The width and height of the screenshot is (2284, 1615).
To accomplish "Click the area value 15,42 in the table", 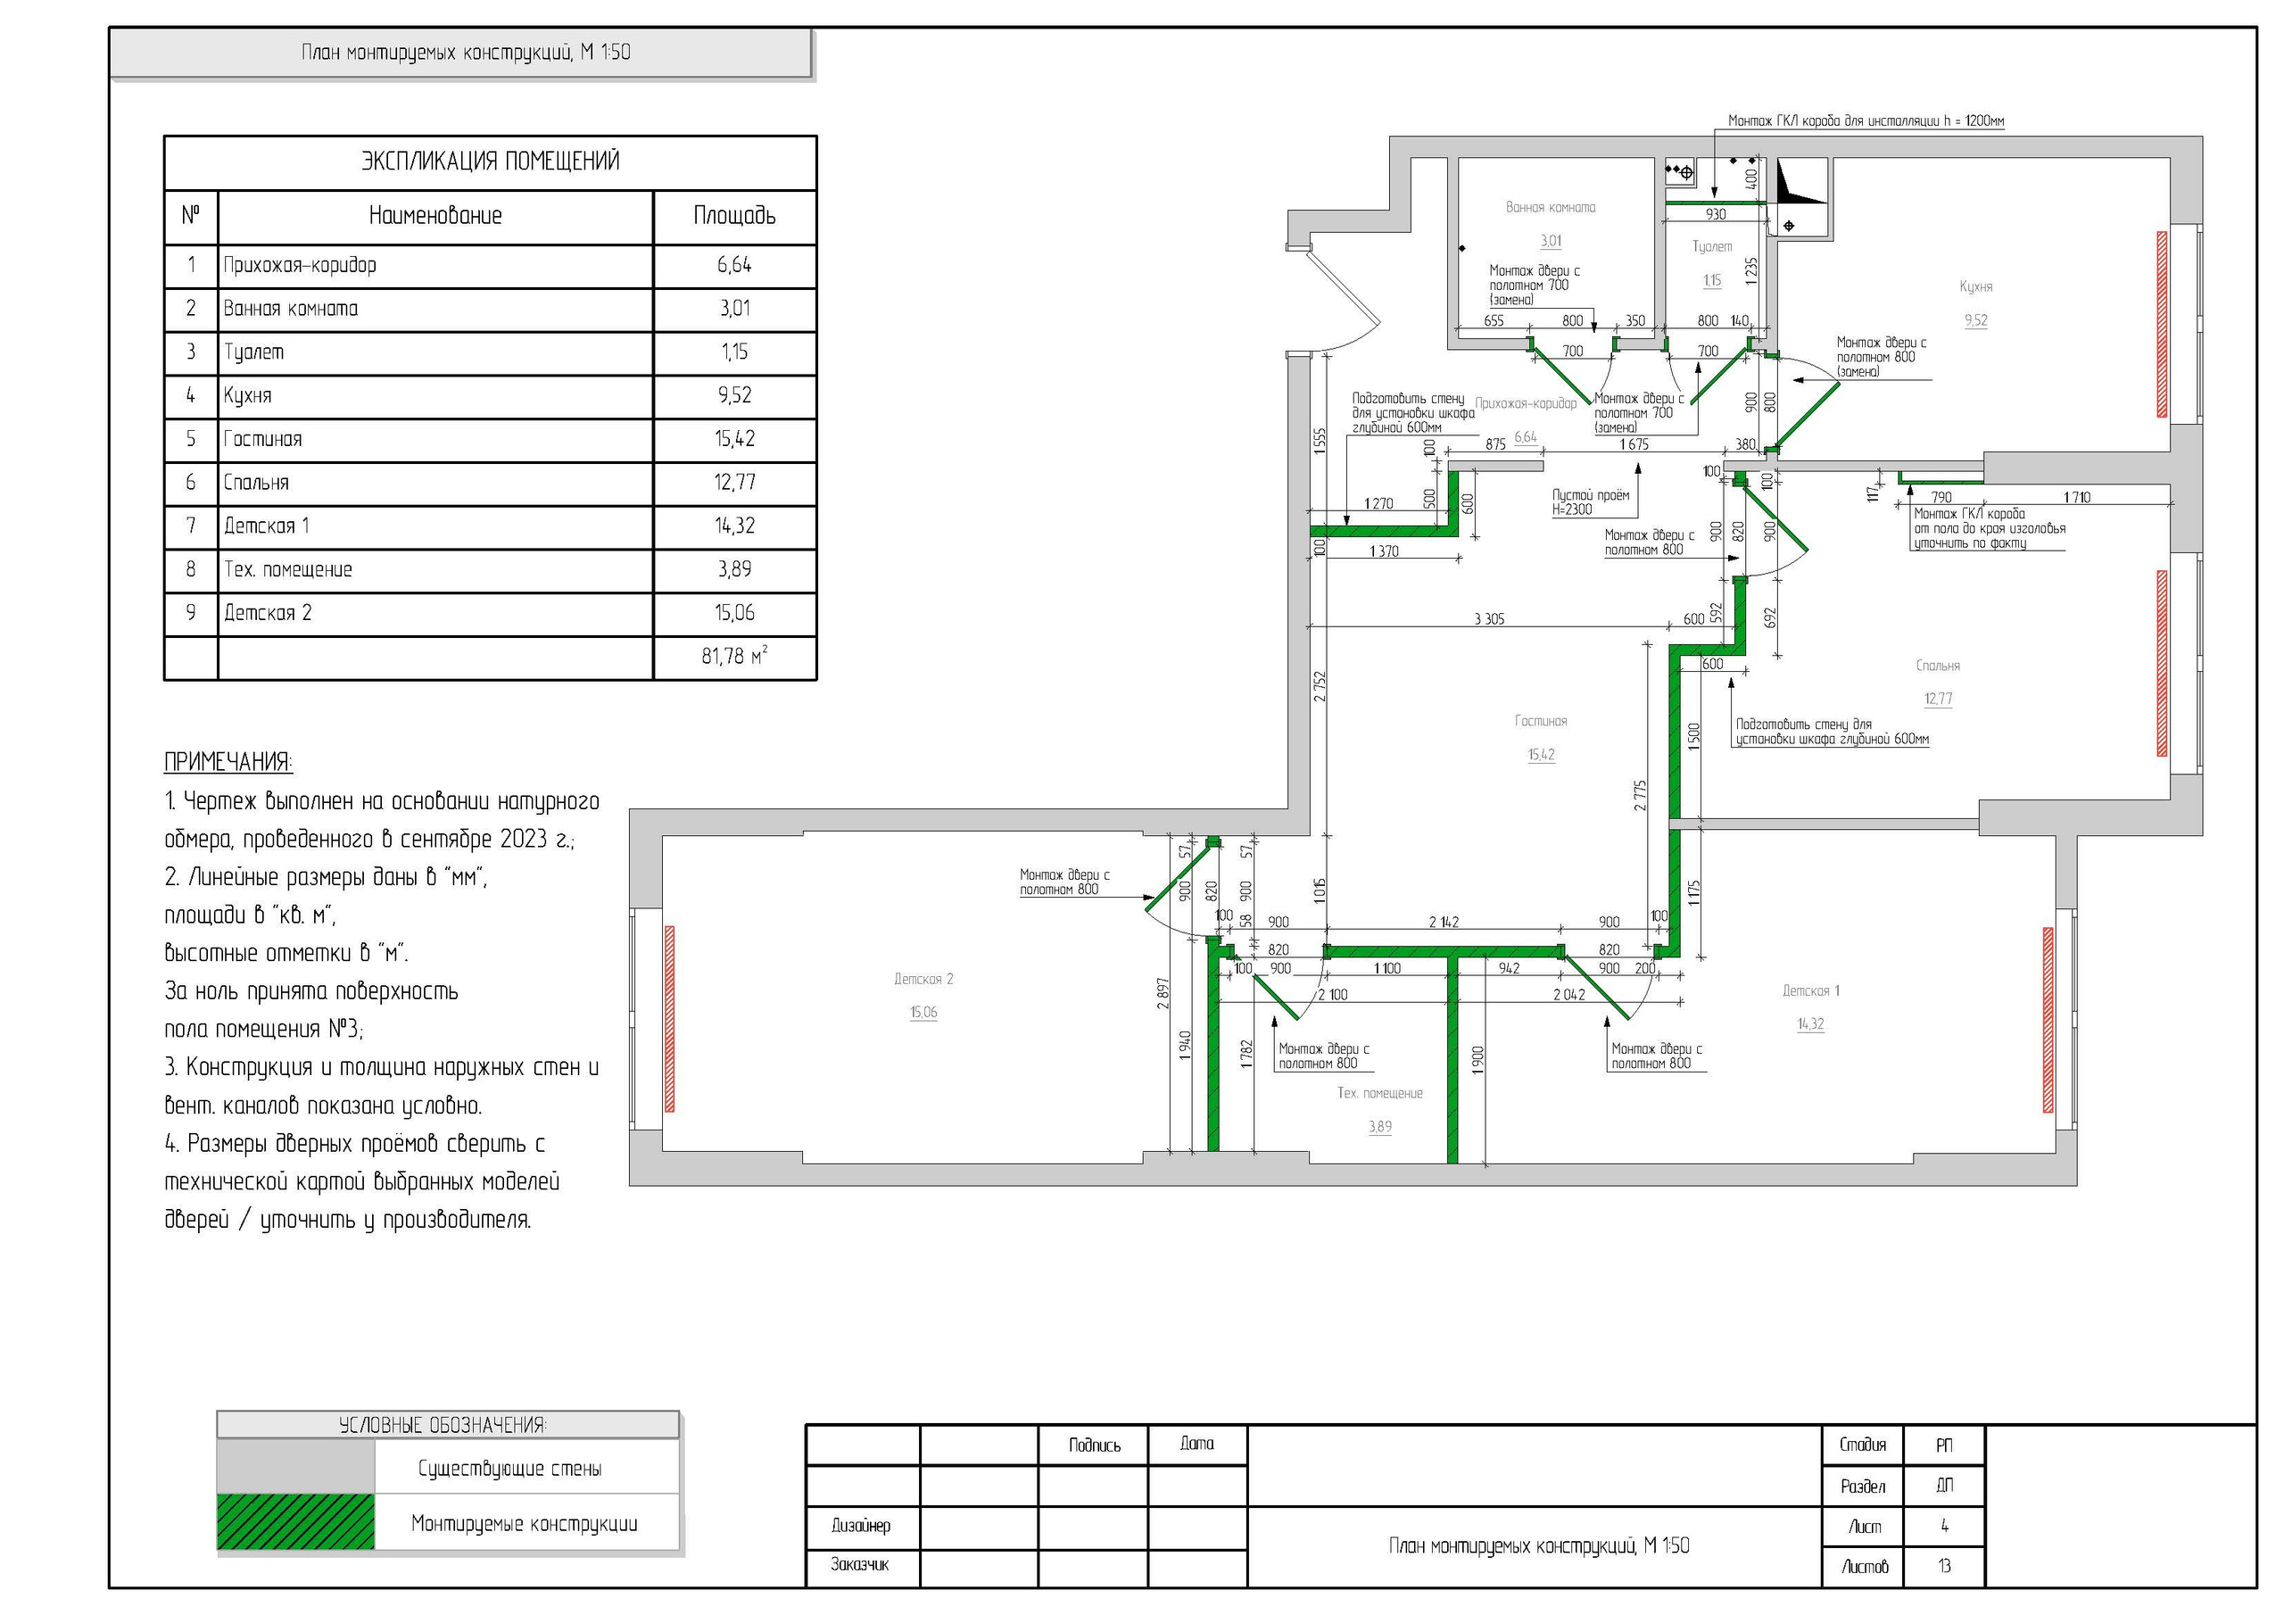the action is (x=734, y=439).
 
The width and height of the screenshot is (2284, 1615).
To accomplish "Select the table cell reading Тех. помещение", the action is (x=287, y=570).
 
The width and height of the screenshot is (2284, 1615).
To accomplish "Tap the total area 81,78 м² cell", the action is (x=734, y=657).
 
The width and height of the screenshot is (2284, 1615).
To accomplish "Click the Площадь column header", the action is (x=734, y=216).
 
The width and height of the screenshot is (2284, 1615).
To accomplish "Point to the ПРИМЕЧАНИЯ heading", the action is (x=228, y=763).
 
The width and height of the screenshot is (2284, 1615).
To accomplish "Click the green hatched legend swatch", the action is (x=295, y=1521).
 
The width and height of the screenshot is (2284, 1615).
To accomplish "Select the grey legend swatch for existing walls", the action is (x=295, y=1467).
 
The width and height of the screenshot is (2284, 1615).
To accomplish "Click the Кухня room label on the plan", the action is (x=1975, y=286).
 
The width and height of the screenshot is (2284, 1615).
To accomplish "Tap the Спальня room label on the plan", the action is (x=1938, y=666).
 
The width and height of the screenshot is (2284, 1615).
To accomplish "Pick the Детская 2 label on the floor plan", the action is (x=923, y=979).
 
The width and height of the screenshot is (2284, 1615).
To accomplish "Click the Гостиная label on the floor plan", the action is (x=1541, y=722).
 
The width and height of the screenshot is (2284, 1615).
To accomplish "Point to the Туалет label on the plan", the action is (x=1712, y=247).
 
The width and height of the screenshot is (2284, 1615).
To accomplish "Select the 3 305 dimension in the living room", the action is (x=1488, y=619).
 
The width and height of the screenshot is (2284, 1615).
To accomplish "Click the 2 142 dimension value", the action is (x=1444, y=923).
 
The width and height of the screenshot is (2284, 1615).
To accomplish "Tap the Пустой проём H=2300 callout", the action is (x=1591, y=502).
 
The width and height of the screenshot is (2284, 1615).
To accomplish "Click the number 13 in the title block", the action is (x=1944, y=1566).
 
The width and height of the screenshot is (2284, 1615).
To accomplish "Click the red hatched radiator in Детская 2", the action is (x=669, y=1019).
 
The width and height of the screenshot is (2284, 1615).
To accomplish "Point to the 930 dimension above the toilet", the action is (x=1716, y=214).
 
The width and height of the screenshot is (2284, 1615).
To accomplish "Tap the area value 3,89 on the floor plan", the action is (x=1379, y=1128).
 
